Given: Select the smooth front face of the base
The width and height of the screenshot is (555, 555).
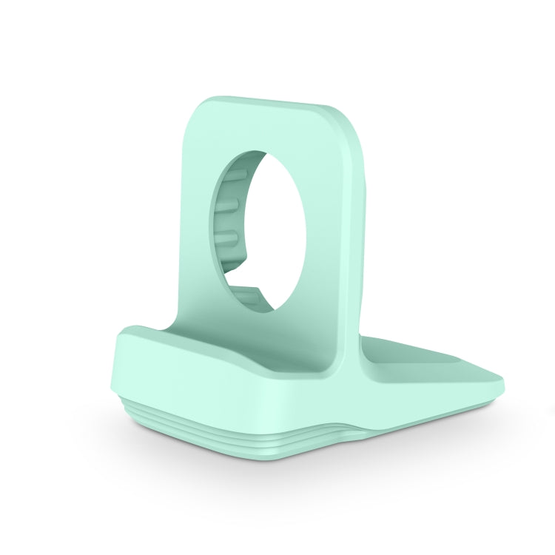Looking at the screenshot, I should (222, 400).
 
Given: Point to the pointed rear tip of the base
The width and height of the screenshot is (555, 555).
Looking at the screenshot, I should (499, 386).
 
